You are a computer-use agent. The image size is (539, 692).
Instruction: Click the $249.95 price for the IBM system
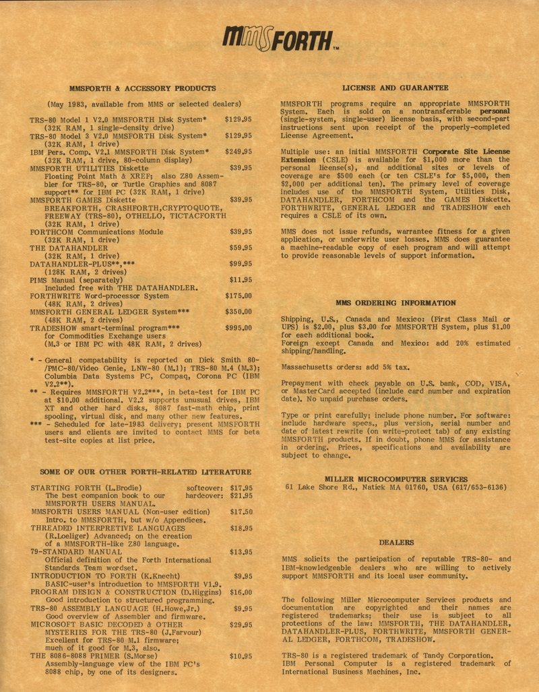[x=239, y=152]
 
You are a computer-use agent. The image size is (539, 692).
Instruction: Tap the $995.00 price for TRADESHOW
[x=239, y=328]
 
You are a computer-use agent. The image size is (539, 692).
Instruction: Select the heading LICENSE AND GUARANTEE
[x=395, y=88]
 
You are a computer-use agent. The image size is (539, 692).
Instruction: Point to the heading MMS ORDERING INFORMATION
[x=395, y=303]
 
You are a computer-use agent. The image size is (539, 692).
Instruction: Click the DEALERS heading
[x=396, y=542]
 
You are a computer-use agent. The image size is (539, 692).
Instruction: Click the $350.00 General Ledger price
[x=239, y=312]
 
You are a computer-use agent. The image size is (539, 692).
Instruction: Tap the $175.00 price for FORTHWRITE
[x=239, y=296]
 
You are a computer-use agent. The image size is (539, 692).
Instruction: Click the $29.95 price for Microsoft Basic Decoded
[x=241, y=625]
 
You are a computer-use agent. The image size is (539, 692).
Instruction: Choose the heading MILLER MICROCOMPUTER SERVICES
[x=395, y=479]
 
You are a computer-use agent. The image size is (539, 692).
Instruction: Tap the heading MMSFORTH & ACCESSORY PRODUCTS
[x=143, y=88]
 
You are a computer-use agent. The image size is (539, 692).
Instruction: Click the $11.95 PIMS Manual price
[x=241, y=280]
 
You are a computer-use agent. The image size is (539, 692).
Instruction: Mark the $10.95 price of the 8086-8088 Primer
[x=241, y=656]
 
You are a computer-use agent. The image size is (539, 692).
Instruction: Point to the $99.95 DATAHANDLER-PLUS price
[x=241, y=264]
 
